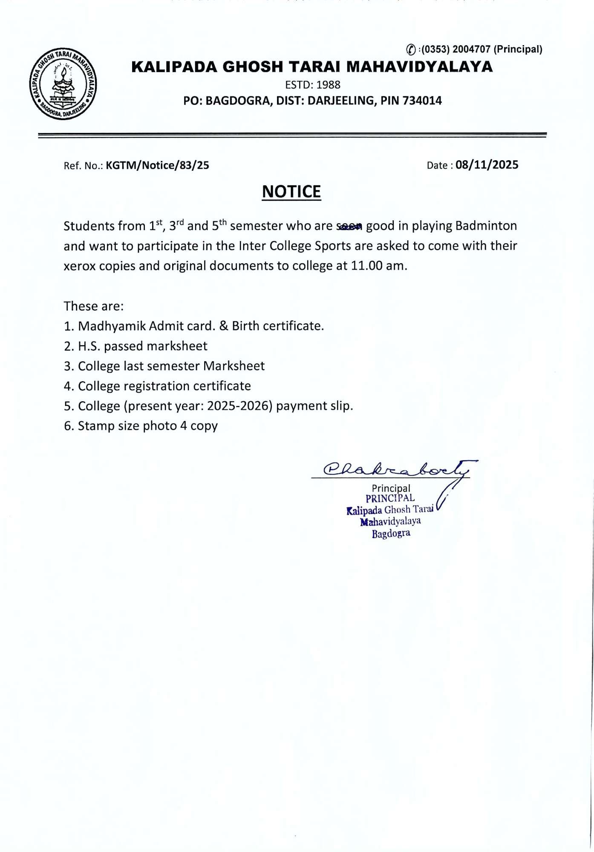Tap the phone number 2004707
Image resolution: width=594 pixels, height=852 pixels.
point(471,49)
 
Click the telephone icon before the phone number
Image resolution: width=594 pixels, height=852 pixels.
point(411,50)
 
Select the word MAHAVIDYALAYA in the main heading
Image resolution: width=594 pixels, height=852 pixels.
point(419,67)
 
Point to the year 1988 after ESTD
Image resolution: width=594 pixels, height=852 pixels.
point(329,85)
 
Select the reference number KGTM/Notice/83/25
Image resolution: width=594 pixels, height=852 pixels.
point(158,165)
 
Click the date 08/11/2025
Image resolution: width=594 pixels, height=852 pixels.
point(487,165)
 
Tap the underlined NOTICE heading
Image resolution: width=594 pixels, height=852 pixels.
point(291,192)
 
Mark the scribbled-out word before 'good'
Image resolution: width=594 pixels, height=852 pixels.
point(349,227)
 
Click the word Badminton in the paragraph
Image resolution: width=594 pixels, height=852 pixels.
point(486,226)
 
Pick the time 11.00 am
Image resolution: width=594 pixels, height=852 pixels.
point(378,266)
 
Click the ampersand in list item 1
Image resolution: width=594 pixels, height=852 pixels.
point(224,326)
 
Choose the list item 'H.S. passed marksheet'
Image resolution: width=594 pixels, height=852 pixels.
point(142,346)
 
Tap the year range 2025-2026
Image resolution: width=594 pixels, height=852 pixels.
point(239,406)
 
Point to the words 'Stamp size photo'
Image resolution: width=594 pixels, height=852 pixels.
point(127,426)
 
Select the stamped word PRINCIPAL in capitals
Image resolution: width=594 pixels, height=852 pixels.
point(390,498)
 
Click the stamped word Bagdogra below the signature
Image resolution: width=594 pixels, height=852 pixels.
point(391,534)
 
